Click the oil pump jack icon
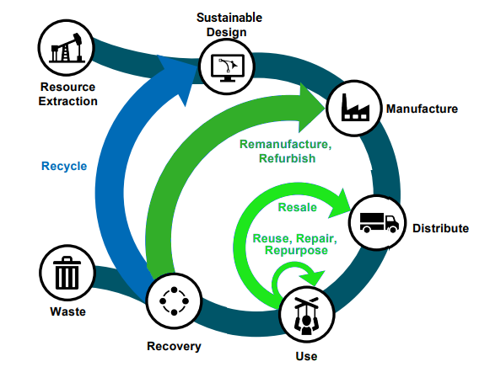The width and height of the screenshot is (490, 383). [x=67, y=48]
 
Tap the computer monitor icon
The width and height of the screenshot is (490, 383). [x=228, y=68]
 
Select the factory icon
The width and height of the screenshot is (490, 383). [x=355, y=107]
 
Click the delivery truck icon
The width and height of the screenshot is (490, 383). [x=379, y=222]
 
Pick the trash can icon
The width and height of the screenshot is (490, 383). [x=67, y=273]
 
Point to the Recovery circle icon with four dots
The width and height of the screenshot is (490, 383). [x=174, y=301]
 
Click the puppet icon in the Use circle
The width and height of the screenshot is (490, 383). [x=306, y=316]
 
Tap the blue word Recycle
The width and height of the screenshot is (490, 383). [x=64, y=166]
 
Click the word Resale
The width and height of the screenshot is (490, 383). [x=297, y=207]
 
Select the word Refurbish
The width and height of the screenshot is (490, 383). [x=288, y=158]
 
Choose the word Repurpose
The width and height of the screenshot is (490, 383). [x=296, y=251]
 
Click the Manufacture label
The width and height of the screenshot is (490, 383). [x=422, y=109]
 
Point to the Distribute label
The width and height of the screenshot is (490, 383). [x=440, y=228]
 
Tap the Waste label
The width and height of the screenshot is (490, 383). [x=67, y=311]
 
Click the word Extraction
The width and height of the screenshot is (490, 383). [x=67, y=101]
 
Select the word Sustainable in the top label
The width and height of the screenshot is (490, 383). [x=229, y=18]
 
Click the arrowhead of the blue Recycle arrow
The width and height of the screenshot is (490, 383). [x=178, y=78]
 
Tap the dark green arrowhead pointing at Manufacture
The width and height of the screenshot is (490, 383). [x=311, y=108]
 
